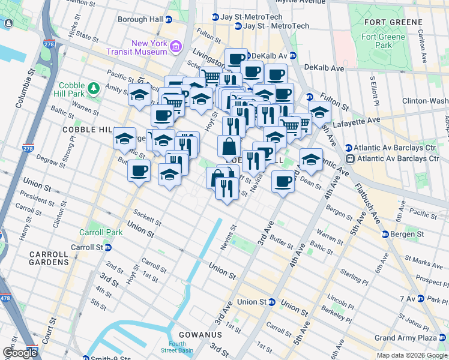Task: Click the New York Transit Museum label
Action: tap(149, 47)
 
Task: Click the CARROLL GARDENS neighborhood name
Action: tap(49, 258)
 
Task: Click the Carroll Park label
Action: tap(95, 232)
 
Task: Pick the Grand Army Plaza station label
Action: tap(411, 338)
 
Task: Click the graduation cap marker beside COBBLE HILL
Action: tap(124, 139)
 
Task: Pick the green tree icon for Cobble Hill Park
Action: tap(93, 89)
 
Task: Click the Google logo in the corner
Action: tap(20, 353)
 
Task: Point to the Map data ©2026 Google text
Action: tap(411, 355)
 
